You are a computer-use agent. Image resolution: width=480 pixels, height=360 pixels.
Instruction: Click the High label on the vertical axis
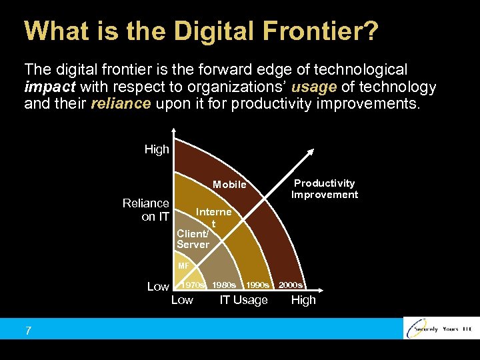(x=157, y=149)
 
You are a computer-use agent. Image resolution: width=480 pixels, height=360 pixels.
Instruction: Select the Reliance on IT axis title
(x=146, y=209)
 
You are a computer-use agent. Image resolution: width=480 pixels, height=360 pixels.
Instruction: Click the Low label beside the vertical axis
(x=158, y=287)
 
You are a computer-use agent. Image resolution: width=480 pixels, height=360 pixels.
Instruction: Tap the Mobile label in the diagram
(x=229, y=185)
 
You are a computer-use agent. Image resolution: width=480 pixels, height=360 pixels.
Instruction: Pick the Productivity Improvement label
(x=325, y=189)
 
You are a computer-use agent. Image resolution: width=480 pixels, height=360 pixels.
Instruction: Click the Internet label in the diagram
(x=213, y=217)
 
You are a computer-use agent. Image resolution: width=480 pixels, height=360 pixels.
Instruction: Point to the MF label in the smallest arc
(x=183, y=266)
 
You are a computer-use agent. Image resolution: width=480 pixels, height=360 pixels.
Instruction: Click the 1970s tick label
(x=194, y=285)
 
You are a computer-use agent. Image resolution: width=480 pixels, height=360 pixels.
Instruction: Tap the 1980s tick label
(x=224, y=285)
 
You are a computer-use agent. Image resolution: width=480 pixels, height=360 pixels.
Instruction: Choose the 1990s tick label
(x=257, y=285)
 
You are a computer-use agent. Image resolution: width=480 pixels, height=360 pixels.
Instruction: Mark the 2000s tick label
(x=291, y=285)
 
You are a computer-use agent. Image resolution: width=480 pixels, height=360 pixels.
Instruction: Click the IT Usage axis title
(x=243, y=300)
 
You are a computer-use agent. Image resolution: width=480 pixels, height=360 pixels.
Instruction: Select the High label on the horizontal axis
(x=303, y=300)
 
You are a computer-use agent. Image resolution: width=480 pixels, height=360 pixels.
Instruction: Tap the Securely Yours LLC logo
(x=441, y=328)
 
